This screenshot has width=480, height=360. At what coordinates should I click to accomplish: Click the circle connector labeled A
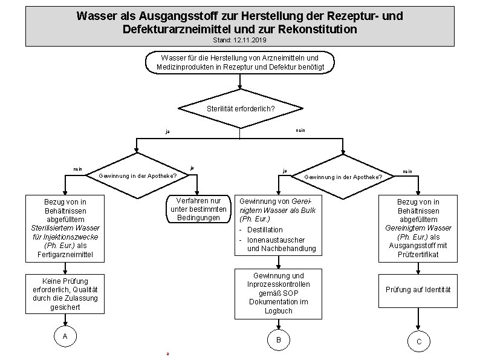(x=64, y=336)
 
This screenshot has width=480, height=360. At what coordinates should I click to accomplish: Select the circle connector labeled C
(x=418, y=342)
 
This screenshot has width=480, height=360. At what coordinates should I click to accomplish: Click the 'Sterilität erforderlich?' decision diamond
(x=240, y=109)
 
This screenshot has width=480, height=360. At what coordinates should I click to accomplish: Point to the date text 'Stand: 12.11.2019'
(x=239, y=40)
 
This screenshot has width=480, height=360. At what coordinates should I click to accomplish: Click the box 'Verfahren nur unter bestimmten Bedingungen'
(x=199, y=209)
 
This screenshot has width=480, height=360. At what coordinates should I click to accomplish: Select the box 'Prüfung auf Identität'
(x=418, y=289)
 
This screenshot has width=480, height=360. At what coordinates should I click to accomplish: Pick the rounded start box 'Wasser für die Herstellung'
(x=240, y=62)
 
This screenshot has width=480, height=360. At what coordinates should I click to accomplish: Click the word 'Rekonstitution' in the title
(x=319, y=29)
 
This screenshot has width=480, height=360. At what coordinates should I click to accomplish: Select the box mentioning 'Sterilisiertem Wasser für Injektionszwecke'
(x=65, y=228)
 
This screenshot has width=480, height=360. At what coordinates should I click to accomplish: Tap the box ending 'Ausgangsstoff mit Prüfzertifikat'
(x=418, y=228)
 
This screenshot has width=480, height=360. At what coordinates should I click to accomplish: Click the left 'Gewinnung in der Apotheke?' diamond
(x=137, y=176)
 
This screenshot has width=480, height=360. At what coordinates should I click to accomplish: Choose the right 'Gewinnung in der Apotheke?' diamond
(x=343, y=177)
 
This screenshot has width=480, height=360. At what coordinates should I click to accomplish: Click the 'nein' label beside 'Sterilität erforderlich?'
(x=300, y=129)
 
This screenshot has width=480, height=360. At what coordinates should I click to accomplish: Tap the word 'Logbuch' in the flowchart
(x=279, y=310)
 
